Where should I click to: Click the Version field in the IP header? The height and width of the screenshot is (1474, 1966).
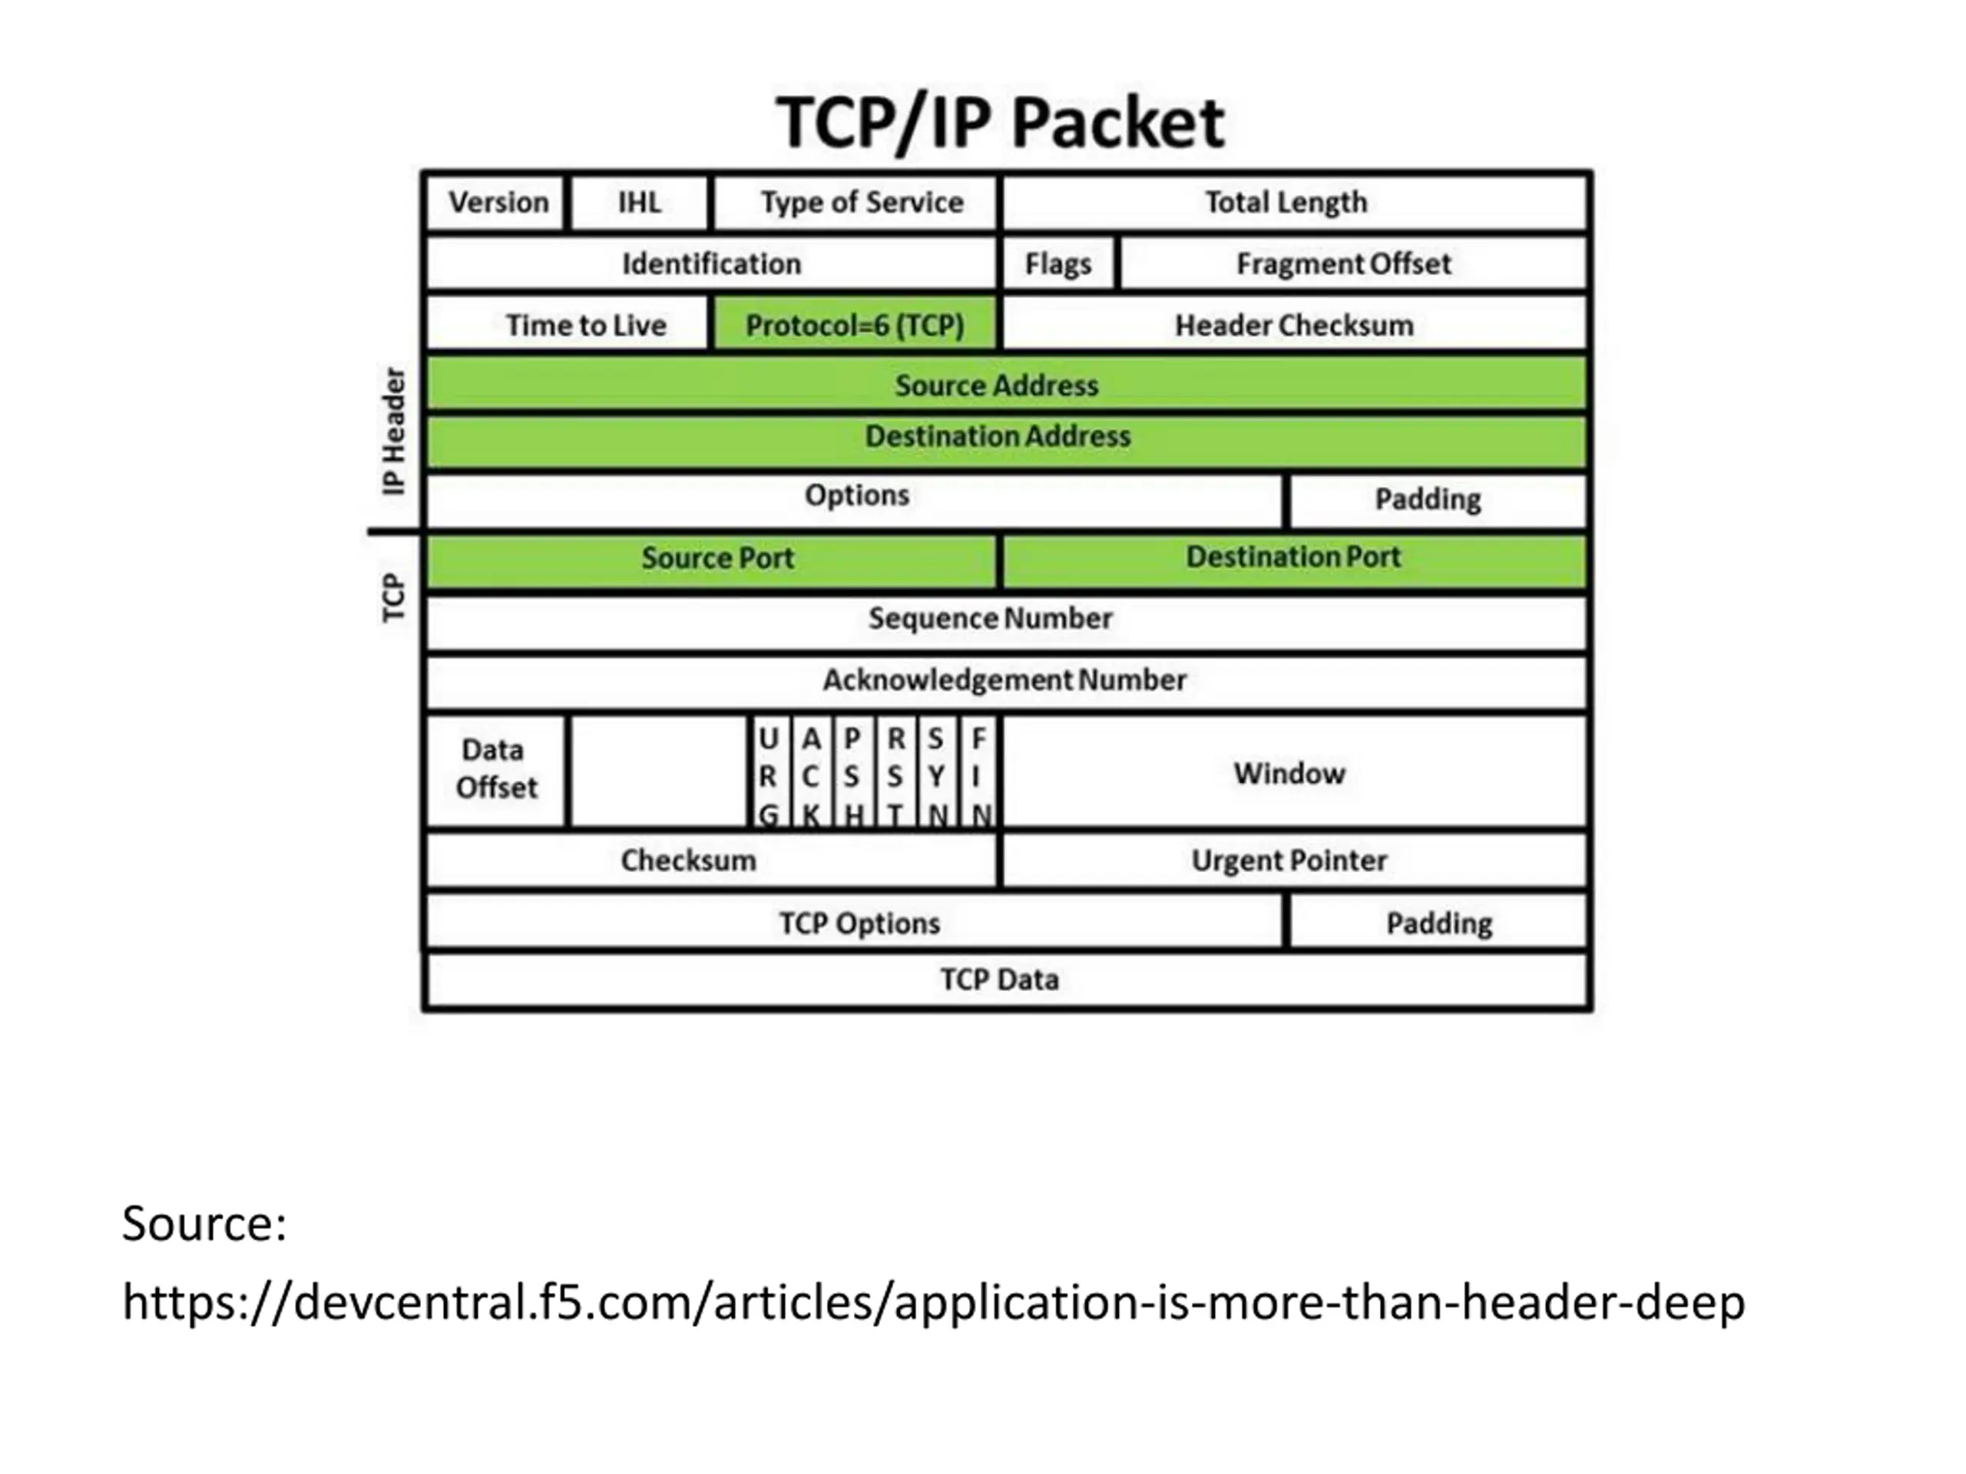click(495, 203)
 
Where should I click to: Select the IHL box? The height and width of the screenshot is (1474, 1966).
click(640, 203)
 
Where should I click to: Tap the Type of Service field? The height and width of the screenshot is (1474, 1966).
click(856, 203)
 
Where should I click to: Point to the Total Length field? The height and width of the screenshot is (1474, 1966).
click(1295, 203)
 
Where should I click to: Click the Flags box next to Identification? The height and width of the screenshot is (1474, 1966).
click(1057, 264)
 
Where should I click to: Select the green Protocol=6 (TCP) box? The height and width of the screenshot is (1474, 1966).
click(855, 324)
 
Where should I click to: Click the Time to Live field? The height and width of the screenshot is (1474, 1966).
click(568, 324)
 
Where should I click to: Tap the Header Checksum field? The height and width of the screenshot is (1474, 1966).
click(1295, 324)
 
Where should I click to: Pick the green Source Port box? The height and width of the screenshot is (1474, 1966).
click(712, 559)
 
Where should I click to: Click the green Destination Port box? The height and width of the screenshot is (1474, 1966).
click(1295, 559)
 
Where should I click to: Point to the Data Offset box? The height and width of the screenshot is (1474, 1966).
click(495, 772)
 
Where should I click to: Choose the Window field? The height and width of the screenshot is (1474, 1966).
click(1295, 772)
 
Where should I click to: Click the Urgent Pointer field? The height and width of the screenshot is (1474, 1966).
click(1295, 860)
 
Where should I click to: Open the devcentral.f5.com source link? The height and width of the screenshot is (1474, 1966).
click(933, 1303)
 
